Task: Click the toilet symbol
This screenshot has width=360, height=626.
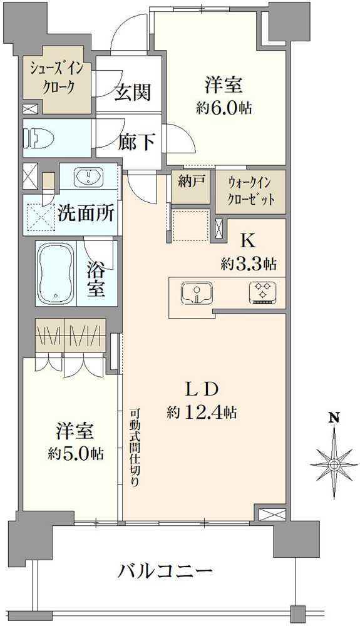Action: [x=37, y=138]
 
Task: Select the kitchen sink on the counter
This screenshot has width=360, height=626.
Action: [x=197, y=292]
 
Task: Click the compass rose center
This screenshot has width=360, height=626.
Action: [x=333, y=464]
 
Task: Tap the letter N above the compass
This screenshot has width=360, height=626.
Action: [x=334, y=418]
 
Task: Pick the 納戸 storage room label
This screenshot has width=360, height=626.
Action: [x=192, y=182]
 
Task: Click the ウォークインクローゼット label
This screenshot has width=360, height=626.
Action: [x=251, y=192]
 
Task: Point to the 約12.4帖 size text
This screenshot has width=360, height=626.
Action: [x=202, y=413]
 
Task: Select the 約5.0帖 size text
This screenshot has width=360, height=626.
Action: [x=76, y=453]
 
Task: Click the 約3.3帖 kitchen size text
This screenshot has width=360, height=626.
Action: [x=249, y=264]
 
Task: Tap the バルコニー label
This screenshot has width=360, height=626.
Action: [x=165, y=572]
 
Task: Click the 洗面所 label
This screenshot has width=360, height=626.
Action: [x=86, y=213]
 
